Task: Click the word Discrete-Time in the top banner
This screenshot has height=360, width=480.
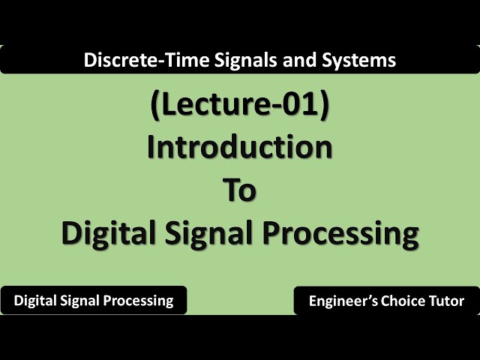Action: coord(132,59)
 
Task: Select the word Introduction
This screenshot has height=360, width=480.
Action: coord(240,147)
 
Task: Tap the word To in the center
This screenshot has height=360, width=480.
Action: coord(240,190)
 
